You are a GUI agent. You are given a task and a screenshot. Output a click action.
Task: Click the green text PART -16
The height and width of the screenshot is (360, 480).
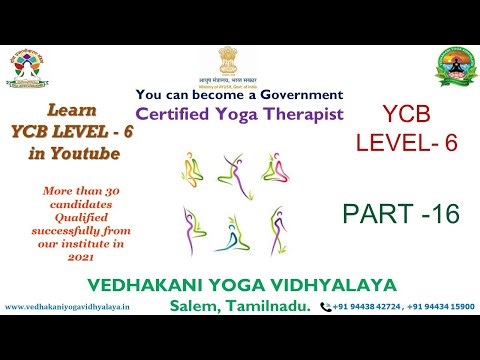400,212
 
